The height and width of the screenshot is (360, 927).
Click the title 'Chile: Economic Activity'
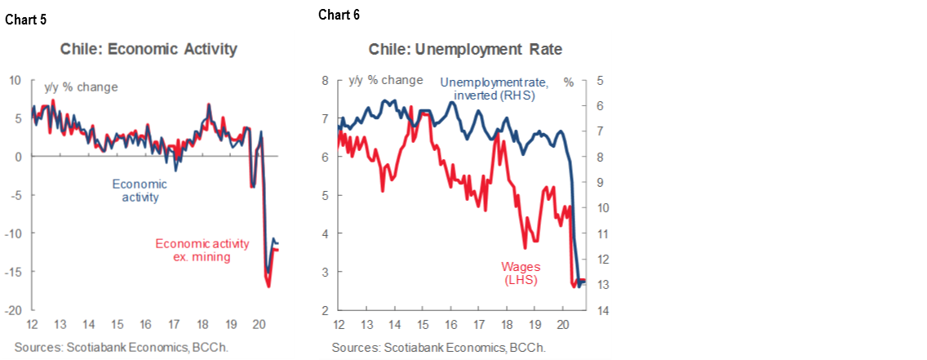tap(149, 49)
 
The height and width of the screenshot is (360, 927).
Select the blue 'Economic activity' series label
tap(140, 190)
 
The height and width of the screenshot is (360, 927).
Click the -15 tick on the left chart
tap(13, 272)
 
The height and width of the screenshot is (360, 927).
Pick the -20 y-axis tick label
tap(13, 310)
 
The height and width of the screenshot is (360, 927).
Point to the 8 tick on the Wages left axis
tap(325, 80)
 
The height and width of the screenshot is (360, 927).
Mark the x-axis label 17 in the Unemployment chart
tap(478, 325)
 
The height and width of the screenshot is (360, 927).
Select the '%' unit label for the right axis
tap(569, 82)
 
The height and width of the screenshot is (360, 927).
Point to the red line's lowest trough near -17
tap(268, 287)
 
